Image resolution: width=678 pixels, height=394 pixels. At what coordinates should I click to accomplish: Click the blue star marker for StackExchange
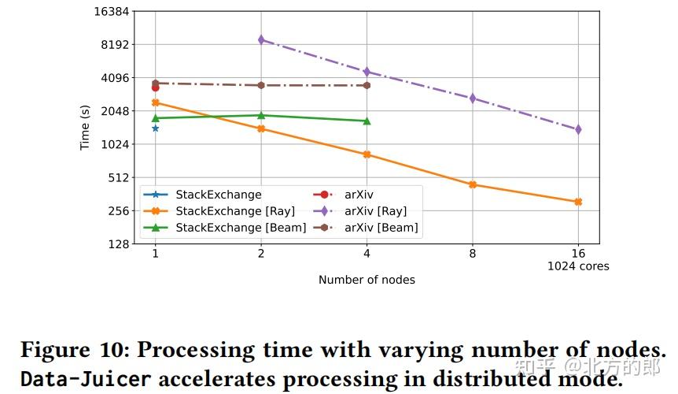[155, 128]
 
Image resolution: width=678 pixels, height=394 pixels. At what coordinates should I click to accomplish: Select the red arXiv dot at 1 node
[155, 87]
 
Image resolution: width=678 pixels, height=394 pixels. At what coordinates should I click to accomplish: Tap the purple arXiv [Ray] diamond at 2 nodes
[261, 39]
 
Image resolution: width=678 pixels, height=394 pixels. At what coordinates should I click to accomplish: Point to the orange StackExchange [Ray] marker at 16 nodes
[578, 202]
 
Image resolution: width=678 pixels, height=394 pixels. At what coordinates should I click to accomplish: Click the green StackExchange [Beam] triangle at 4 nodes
[367, 121]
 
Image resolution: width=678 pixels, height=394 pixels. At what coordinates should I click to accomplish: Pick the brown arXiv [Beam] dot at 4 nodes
[367, 85]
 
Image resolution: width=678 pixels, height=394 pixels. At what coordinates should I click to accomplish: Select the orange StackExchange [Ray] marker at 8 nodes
[473, 184]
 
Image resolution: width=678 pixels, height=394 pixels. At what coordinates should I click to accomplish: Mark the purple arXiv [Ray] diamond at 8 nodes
[473, 98]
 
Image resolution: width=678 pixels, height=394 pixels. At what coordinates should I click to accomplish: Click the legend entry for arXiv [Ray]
[374, 211]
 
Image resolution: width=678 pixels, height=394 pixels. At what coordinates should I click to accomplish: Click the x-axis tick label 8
[473, 255]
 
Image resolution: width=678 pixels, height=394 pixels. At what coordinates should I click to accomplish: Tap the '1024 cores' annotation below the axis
[578, 266]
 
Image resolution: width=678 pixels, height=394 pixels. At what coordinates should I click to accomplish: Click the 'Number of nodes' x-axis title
[367, 280]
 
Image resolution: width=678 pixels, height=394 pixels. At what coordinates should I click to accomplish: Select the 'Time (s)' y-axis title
[85, 128]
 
